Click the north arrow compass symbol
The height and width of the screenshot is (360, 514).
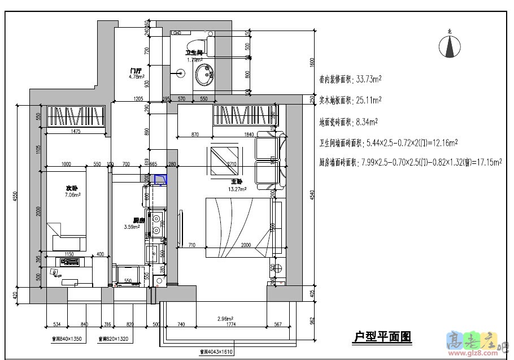(450, 45)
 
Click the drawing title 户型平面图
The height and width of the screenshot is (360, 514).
(382, 337)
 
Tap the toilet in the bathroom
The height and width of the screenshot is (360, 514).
(197, 46)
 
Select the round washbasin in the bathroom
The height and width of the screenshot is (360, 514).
(204, 74)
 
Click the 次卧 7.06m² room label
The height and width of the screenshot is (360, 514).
(72, 191)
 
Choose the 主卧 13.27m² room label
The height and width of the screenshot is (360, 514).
(237, 185)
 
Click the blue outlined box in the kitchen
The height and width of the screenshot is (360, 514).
(161, 180)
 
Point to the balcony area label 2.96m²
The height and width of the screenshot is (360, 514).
(226, 319)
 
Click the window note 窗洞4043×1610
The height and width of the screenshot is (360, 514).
(216, 352)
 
